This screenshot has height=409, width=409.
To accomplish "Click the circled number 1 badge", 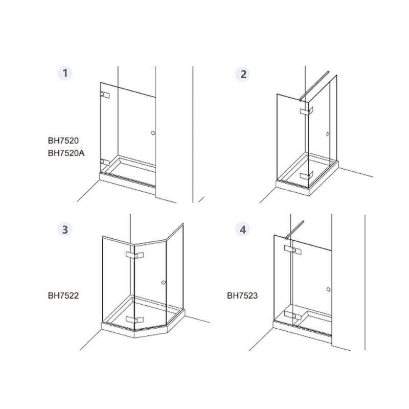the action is click(x=65, y=73).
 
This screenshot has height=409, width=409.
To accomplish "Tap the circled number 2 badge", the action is click(x=242, y=74).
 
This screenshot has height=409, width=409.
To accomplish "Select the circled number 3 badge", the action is click(x=65, y=230).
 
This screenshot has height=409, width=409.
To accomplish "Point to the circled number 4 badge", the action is click(x=242, y=230).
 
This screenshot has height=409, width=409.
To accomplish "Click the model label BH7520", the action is click(x=63, y=141).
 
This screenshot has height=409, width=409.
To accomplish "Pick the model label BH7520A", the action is click(x=66, y=153).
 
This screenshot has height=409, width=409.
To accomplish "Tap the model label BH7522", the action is click(x=63, y=296).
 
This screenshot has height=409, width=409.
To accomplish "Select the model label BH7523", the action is click(x=242, y=296).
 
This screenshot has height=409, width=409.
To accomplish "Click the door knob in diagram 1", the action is click(x=153, y=133).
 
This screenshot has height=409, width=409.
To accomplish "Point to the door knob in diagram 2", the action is click(x=328, y=134).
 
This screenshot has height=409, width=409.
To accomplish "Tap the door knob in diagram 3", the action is click(x=164, y=283).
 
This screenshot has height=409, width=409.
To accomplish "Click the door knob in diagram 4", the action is click(x=329, y=289).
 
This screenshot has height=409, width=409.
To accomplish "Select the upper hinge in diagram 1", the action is click(x=105, y=95).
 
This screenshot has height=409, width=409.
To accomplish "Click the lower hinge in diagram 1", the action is click(x=105, y=162).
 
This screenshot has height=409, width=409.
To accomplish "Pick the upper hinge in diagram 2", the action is click(x=306, y=111).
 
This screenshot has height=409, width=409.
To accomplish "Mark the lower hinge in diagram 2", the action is click(x=306, y=176).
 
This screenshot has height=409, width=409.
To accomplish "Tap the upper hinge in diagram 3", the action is click(x=134, y=255).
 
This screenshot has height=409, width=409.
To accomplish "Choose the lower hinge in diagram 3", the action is click(x=134, y=319).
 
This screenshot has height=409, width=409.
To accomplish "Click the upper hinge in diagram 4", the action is click(x=292, y=249).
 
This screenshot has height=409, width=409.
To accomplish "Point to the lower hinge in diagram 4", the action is click(x=292, y=315).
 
